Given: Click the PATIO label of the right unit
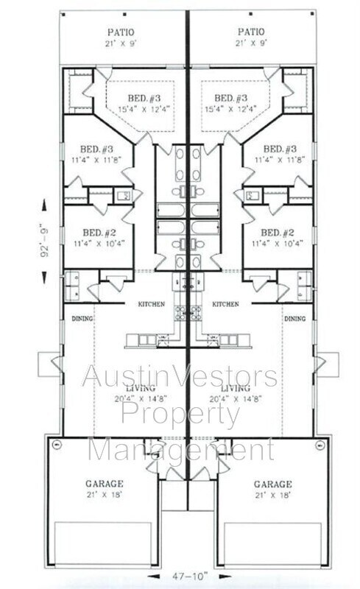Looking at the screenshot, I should point(251,32).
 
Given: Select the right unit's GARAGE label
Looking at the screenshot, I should point(273,484).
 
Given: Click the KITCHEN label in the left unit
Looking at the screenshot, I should point(150,304).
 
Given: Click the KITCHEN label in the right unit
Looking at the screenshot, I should point(225,304).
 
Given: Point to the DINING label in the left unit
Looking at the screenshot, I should point(82,319).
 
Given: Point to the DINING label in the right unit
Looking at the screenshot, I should point(295,319).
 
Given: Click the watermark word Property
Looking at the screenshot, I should point(180,415).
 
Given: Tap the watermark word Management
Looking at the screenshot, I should point(180,449).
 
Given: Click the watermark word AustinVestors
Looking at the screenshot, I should point(180,376).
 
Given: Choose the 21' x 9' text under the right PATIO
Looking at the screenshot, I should point(251,43).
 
